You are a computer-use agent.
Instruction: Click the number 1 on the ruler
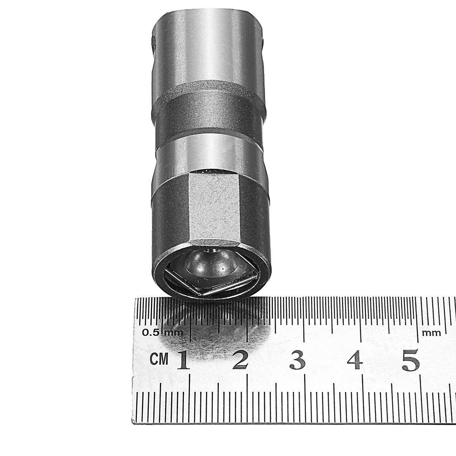pos(184,360)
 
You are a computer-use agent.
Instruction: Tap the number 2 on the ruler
pos(240,360)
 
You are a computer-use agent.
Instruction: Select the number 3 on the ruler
pos(298,360)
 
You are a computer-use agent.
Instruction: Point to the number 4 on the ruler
pos(355,360)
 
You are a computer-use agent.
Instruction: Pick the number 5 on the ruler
pos(411,360)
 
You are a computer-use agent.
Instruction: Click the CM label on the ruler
pos(159,359)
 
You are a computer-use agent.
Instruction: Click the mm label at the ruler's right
pos(431,333)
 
